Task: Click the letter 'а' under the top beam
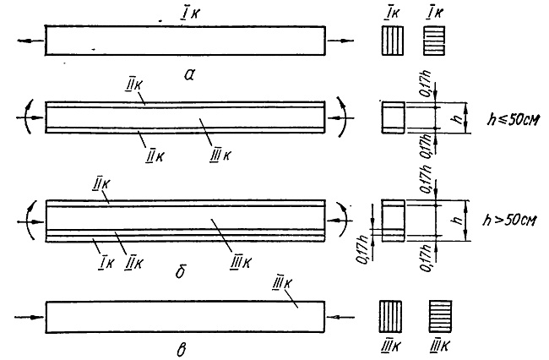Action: pyautogui.click(x=189, y=74)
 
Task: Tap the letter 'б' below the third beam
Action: pyautogui.click(x=180, y=271)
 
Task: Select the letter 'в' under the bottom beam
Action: pyautogui.click(x=182, y=350)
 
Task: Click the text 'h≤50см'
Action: pyautogui.click(x=514, y=119)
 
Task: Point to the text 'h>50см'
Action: pyautogui.click(x=509, y=220)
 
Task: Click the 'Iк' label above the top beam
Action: pyautogui.click(x=190, y=14)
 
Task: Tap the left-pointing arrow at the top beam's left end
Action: pyautogui.click(x=30, y=41)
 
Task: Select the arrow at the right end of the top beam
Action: pyautogui.click(x=340, y=41)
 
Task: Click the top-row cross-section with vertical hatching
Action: pyautogui.click(x=393, y=41)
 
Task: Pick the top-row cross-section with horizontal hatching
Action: pyautogui.click(x=434, y=41)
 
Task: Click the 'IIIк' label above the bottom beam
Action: pyautogui.click(x=282, y=284)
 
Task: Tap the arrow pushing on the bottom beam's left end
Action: pyautogui.click(x=30, y=317)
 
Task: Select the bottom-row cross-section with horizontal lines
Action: pyautogui.click(x=440, y=316)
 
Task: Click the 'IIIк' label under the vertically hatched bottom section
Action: pyautogui.click(x=390, y=346)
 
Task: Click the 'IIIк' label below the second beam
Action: pyautogui.click(x=220, y=155)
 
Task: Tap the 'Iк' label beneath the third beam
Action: pyautogui.click(x=106, y=263)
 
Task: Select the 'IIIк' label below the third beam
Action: pyautogui.click(x=240, y=262)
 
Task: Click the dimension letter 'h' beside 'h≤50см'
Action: pyautogui.click(x=457, y=118)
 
